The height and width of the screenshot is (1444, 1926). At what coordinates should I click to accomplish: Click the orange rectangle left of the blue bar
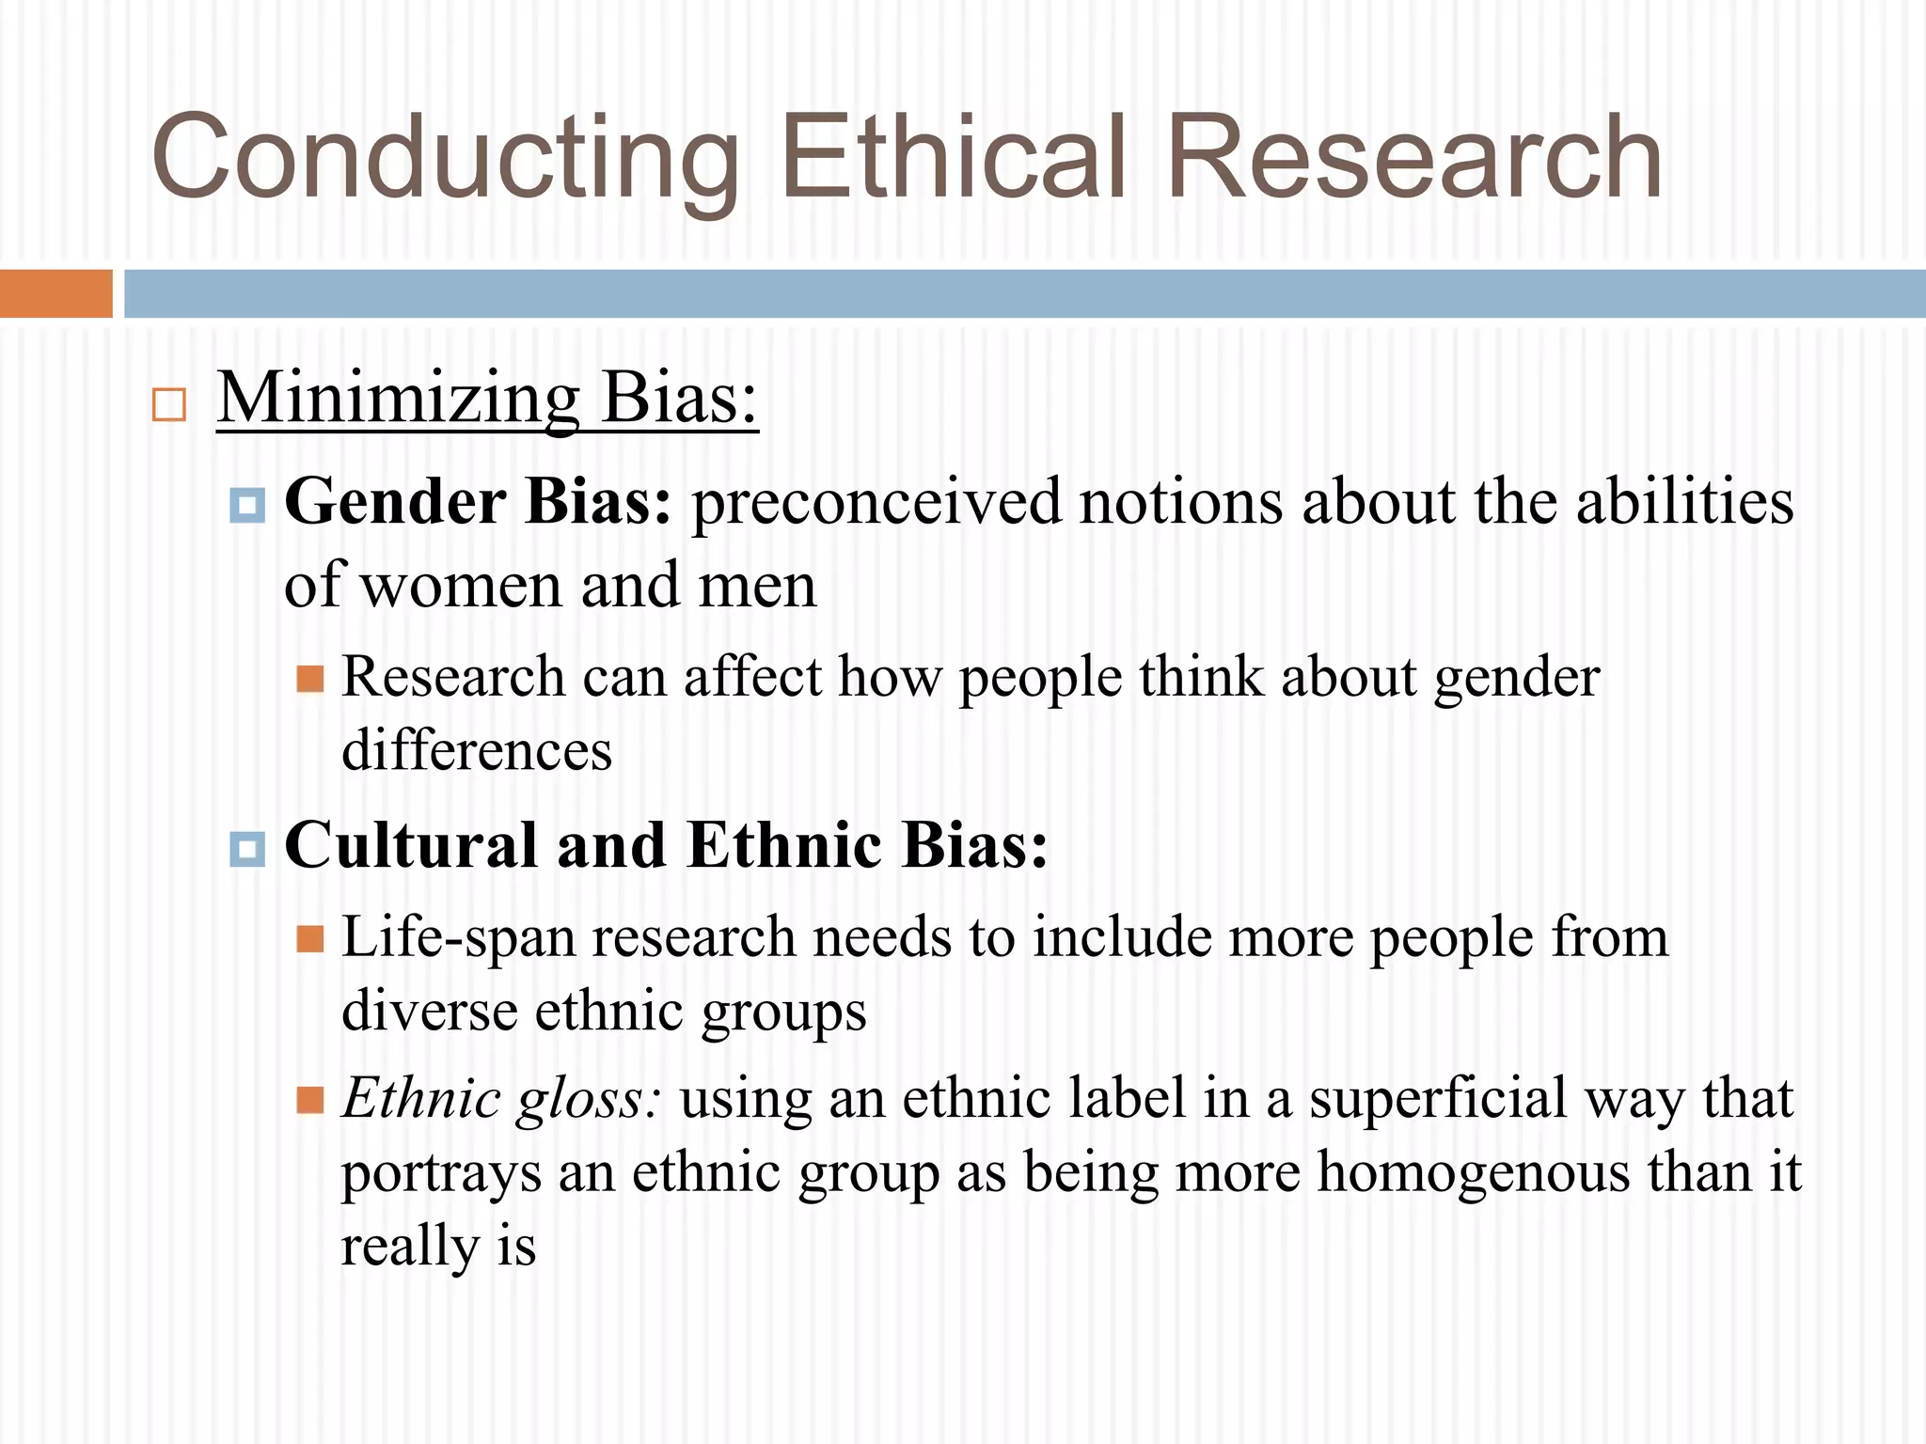(55, 293)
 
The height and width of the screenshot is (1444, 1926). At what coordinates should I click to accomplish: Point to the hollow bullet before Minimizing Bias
(169, 405)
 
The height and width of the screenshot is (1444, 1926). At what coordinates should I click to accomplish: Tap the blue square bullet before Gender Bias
(247, 505)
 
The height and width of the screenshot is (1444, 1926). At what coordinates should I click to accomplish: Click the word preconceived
(876, 503)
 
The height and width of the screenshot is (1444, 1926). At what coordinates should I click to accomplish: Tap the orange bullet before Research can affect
(310, 679)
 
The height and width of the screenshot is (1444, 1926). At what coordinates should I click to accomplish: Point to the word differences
(477, 751)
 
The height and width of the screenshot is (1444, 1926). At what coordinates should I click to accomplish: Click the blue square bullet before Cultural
(247, 849)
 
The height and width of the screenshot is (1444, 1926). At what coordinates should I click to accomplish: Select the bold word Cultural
(411, 845)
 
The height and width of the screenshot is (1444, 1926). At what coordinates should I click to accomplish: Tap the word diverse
(429, 1012)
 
